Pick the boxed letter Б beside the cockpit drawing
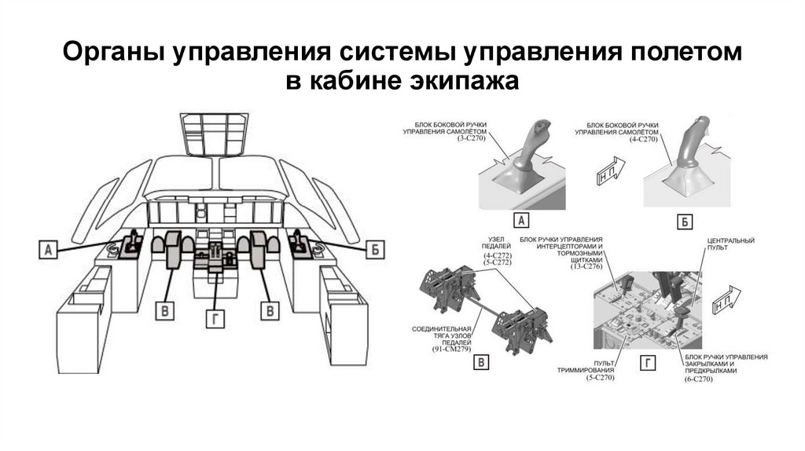pos(376,251)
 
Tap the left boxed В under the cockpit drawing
pos(165,310)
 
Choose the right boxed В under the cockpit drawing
pos(270,310)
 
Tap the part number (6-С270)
pos(698,379)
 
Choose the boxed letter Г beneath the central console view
pos(648,361)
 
